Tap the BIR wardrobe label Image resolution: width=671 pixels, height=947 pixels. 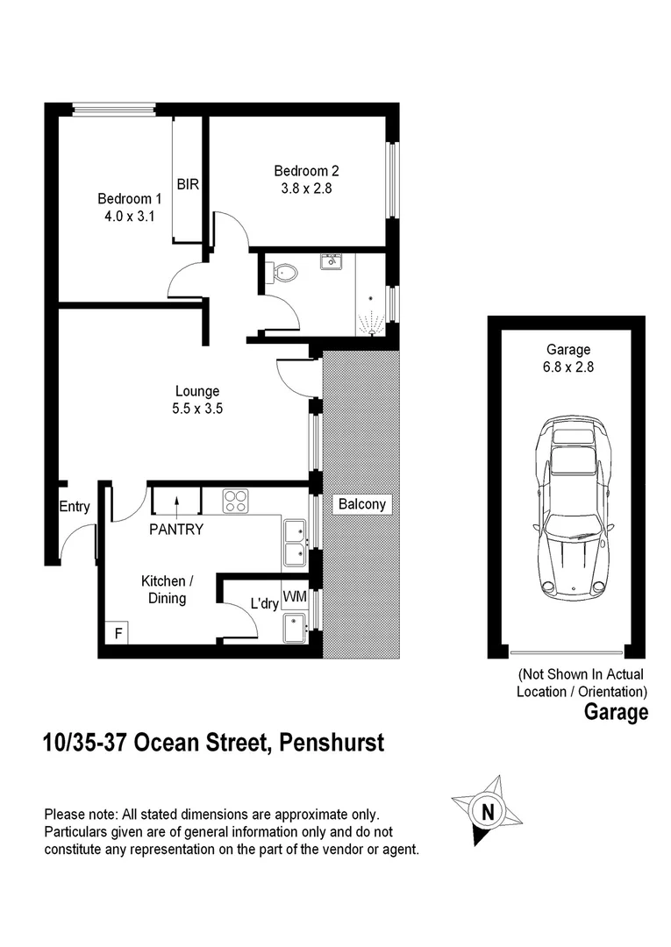pyautogui.click(x=188, y=185)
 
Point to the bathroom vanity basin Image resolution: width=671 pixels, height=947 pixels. pyautogui.click(x=331, y=260)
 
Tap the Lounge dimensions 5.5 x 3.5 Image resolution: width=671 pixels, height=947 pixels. pyautogui.click(x=196, y=407)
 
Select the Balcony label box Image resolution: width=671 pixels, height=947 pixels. pyautogui.click(x=361, y=504)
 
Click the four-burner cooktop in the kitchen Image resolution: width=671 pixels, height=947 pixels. pyautogui.click(x=234, y=501)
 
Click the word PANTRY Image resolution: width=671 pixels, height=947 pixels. pyautogui.click(x=176, y=530)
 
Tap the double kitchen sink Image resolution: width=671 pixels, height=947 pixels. pyautogui.click(x=295, y=543)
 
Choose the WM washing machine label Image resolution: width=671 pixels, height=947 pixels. pyautogui.click(x=295, y=597)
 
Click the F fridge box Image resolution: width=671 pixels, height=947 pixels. pyautogui.click(x=116, y=632)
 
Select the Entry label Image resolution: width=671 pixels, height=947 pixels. pyautogui.click(x=75, y=507)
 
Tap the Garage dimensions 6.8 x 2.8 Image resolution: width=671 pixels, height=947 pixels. pyautogui.click(x=567, y=367)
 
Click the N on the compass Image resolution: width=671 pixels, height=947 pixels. pyautogui.click(x=488, y=810)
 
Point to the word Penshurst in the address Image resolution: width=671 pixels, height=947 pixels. pyautogui.click(x=331, y=744)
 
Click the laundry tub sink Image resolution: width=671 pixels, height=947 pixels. pyautogui.click(x=294, y=625)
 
